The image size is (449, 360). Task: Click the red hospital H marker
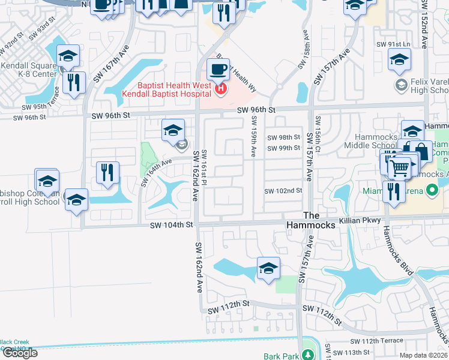(x=221, y=89)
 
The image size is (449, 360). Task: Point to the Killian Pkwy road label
(x=360, y=221)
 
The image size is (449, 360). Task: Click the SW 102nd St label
(x=283, y=191)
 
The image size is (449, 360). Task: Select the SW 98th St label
(x=283, y=137)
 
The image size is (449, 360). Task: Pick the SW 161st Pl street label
(x=205, y=163)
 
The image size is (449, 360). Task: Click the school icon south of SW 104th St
(x=268, y=268)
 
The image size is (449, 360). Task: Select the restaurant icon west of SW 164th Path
(x=107, y=172)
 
